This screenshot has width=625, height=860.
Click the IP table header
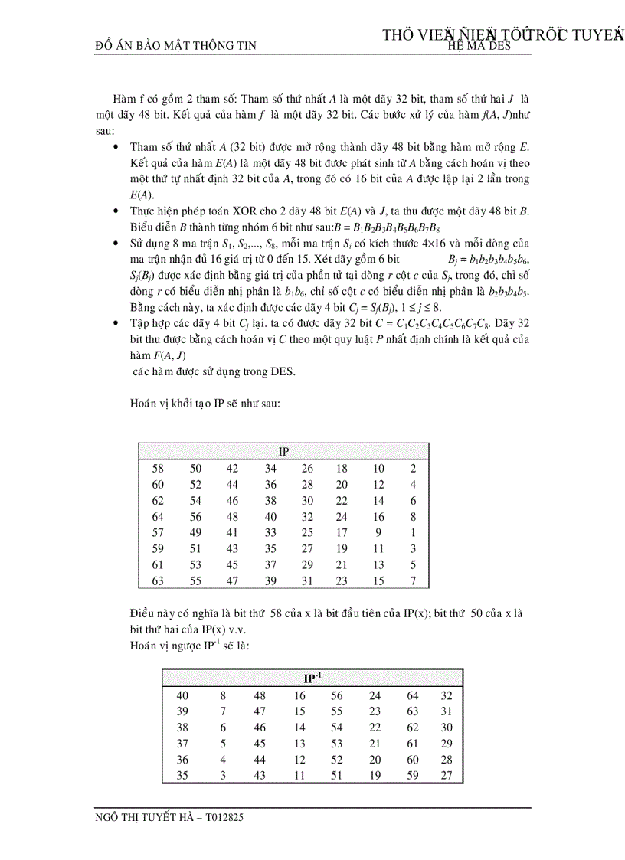[x=283, y=452]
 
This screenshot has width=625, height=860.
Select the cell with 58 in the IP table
[x=159, y=469]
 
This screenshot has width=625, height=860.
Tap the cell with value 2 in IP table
[x=414, y=469]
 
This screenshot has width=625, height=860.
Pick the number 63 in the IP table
[x=159, y=581]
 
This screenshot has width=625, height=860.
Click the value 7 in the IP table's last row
[x=414, y=581]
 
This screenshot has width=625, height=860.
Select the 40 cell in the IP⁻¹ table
[x=182, y=695]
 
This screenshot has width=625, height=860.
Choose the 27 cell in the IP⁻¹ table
[x=447, y=776]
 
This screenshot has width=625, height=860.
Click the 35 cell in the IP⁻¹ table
[x=182, y=776]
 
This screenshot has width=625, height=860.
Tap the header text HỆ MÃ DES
[x=479, y=46]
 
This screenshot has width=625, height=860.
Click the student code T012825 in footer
[x=223, y=817]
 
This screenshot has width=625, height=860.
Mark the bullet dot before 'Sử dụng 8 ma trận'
[x=116, y=243]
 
